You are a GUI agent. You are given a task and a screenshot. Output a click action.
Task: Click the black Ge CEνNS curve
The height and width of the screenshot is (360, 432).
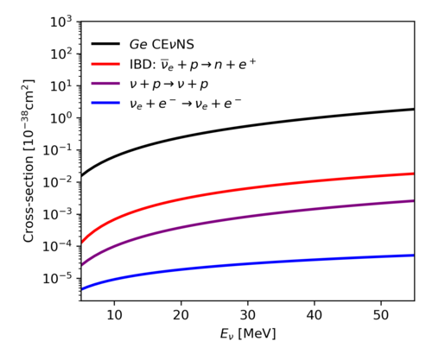pos(248,126)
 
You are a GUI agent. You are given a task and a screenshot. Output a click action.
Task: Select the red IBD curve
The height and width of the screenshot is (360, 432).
pos(248,188)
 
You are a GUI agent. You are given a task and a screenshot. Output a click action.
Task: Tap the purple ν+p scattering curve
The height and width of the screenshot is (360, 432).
pos(248,216)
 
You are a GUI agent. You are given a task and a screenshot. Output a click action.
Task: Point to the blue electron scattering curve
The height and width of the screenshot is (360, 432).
pos(248,263)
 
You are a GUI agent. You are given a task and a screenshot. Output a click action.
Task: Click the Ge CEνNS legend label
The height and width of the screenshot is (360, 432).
pos(162,44)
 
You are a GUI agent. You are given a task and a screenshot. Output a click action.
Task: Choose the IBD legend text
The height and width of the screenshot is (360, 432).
pos(193,64)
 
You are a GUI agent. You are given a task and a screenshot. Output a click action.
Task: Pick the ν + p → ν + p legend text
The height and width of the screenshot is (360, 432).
pos(168,85)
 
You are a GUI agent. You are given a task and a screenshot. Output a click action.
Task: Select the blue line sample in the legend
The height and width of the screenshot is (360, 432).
pos(105,103)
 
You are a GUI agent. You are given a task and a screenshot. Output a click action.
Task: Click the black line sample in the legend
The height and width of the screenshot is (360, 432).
pos(105,44)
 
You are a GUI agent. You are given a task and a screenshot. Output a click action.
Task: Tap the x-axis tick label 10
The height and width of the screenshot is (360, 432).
pos(114,315)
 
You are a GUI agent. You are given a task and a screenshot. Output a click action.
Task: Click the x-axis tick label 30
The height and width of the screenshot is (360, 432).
pos(248,315)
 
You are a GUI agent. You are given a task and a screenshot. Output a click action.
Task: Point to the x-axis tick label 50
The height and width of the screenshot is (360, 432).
pos(381,315)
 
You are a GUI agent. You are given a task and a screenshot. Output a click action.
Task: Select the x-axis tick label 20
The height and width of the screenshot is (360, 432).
pos(181,315)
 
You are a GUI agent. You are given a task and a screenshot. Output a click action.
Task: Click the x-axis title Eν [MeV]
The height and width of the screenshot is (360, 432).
pos(248,334)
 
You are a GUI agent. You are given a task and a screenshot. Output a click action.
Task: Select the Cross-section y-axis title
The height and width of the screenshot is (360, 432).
pos(29,161)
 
